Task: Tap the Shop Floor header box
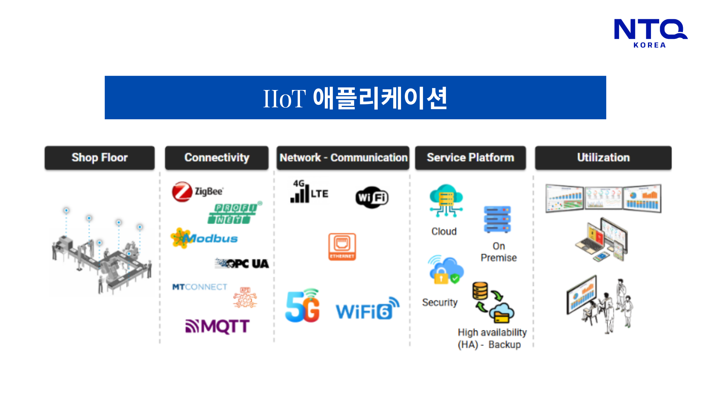(100, 158)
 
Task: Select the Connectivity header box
(217, 158)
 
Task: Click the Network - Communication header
(343, 158)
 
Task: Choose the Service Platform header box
(470, 158)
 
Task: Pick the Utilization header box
(603, 158)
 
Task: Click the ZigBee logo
(198, 191)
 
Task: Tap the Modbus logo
(204, 238)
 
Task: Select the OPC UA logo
(242, 263)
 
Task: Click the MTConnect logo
(200, 287)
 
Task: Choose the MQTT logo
(217, 326)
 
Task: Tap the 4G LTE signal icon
(309, 191)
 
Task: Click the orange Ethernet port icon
(342, 246)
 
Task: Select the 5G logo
(303, 306)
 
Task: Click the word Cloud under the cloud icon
(444, 231)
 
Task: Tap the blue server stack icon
(497, 219)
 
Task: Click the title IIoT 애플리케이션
(355, 98)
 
